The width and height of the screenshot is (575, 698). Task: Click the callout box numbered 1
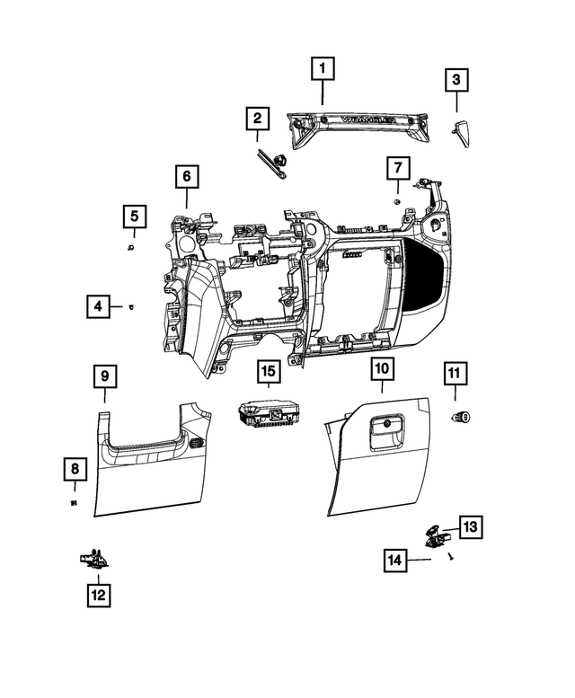tap(323, 66)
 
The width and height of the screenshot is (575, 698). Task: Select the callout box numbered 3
tap(456, 82)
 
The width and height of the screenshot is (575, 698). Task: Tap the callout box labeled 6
tap(186, 176)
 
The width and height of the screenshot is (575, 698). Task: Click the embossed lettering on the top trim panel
tap(370, 120)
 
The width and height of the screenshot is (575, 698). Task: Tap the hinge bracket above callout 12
tap(93, 559)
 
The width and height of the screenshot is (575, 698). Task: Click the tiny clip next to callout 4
tap(131, 307)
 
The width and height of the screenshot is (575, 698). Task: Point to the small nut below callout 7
tap(396, 202)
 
